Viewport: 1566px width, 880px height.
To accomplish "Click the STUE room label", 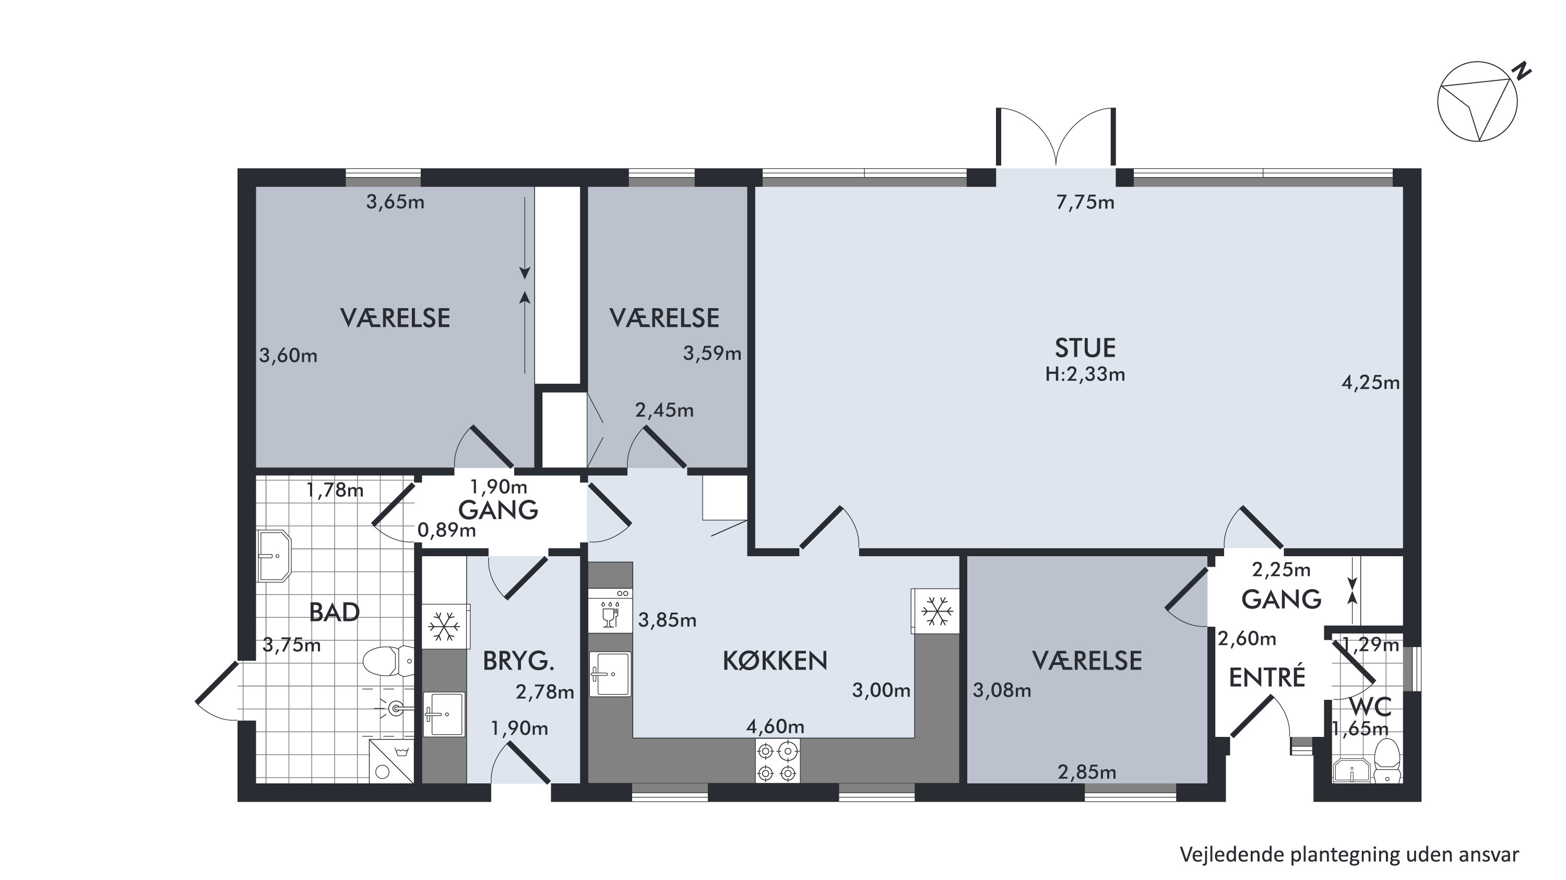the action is click(1085, 348).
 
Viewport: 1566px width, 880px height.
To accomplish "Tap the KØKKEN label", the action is click(775, 661).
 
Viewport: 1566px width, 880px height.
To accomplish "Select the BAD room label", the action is click(335, 613).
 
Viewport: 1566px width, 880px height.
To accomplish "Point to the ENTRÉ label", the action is click(1267, 677).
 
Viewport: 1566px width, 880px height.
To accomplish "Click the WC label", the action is click(1370, 707).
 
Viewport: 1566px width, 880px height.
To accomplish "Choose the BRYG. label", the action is click(518, 661).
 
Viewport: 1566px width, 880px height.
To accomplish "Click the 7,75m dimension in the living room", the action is click(1085, 203).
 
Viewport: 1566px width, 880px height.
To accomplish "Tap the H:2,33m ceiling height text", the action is click(1085, 374).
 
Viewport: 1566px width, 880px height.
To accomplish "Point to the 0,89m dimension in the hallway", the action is click(446, 530).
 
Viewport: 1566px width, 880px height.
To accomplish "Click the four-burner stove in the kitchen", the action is click(778, 761).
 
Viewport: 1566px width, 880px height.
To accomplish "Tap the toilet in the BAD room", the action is click(388, 661).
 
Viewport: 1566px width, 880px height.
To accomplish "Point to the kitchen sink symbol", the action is click(610, 674).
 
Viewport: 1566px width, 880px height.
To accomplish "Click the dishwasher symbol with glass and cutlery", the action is click(610, 611).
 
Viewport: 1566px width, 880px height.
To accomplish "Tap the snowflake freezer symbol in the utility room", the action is click(444, 626).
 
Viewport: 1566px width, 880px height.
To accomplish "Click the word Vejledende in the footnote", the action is click(1226, 854).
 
